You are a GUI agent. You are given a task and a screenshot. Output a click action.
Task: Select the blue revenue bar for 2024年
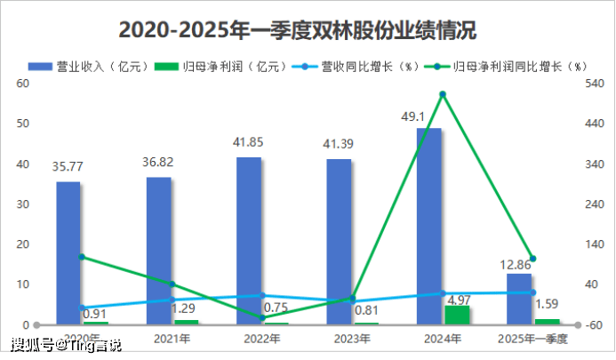(x=428, y=226)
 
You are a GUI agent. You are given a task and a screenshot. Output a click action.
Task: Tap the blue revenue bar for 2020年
(x=68, y=252)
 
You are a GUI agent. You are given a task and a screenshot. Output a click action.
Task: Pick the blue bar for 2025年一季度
(x=519, y=298)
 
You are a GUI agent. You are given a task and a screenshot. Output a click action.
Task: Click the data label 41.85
(x=249, y=144)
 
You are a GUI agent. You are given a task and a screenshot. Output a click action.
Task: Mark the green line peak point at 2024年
(x=443, y=94)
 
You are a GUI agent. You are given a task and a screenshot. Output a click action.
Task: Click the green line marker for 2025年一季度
(x=532, y=259)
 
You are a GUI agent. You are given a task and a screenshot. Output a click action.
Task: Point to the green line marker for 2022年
(x=262, y=317)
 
